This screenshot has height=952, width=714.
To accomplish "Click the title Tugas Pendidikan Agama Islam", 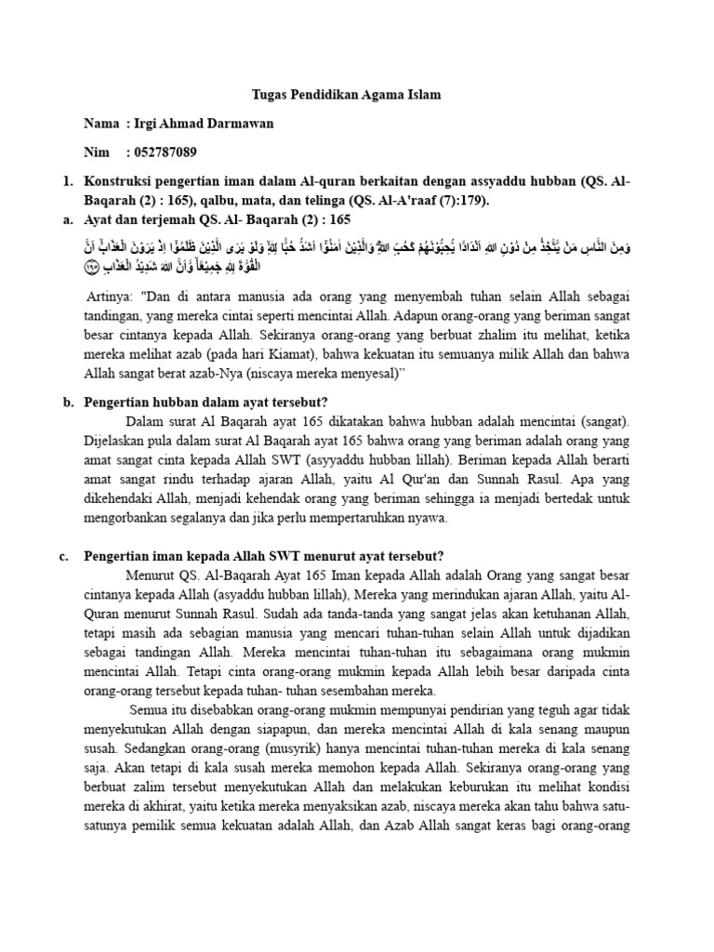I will (x=347, y=95).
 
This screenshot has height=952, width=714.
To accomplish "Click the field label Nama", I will (x=101, y=124).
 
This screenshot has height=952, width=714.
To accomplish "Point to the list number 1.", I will (x=67, y=181).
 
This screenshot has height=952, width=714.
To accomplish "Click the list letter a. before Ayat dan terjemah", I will (x=67, y=219).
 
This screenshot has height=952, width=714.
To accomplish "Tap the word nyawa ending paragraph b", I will (x=428, y=518).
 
